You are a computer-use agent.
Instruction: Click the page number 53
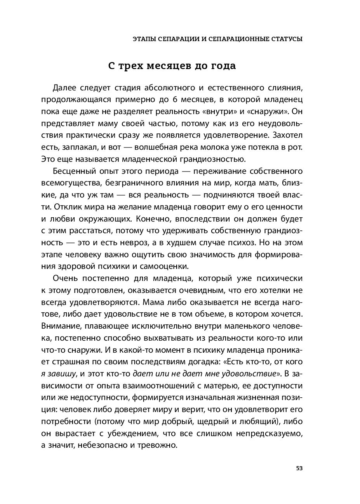[x=299, y=468]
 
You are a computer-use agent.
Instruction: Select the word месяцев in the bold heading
[x=172, y=66]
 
